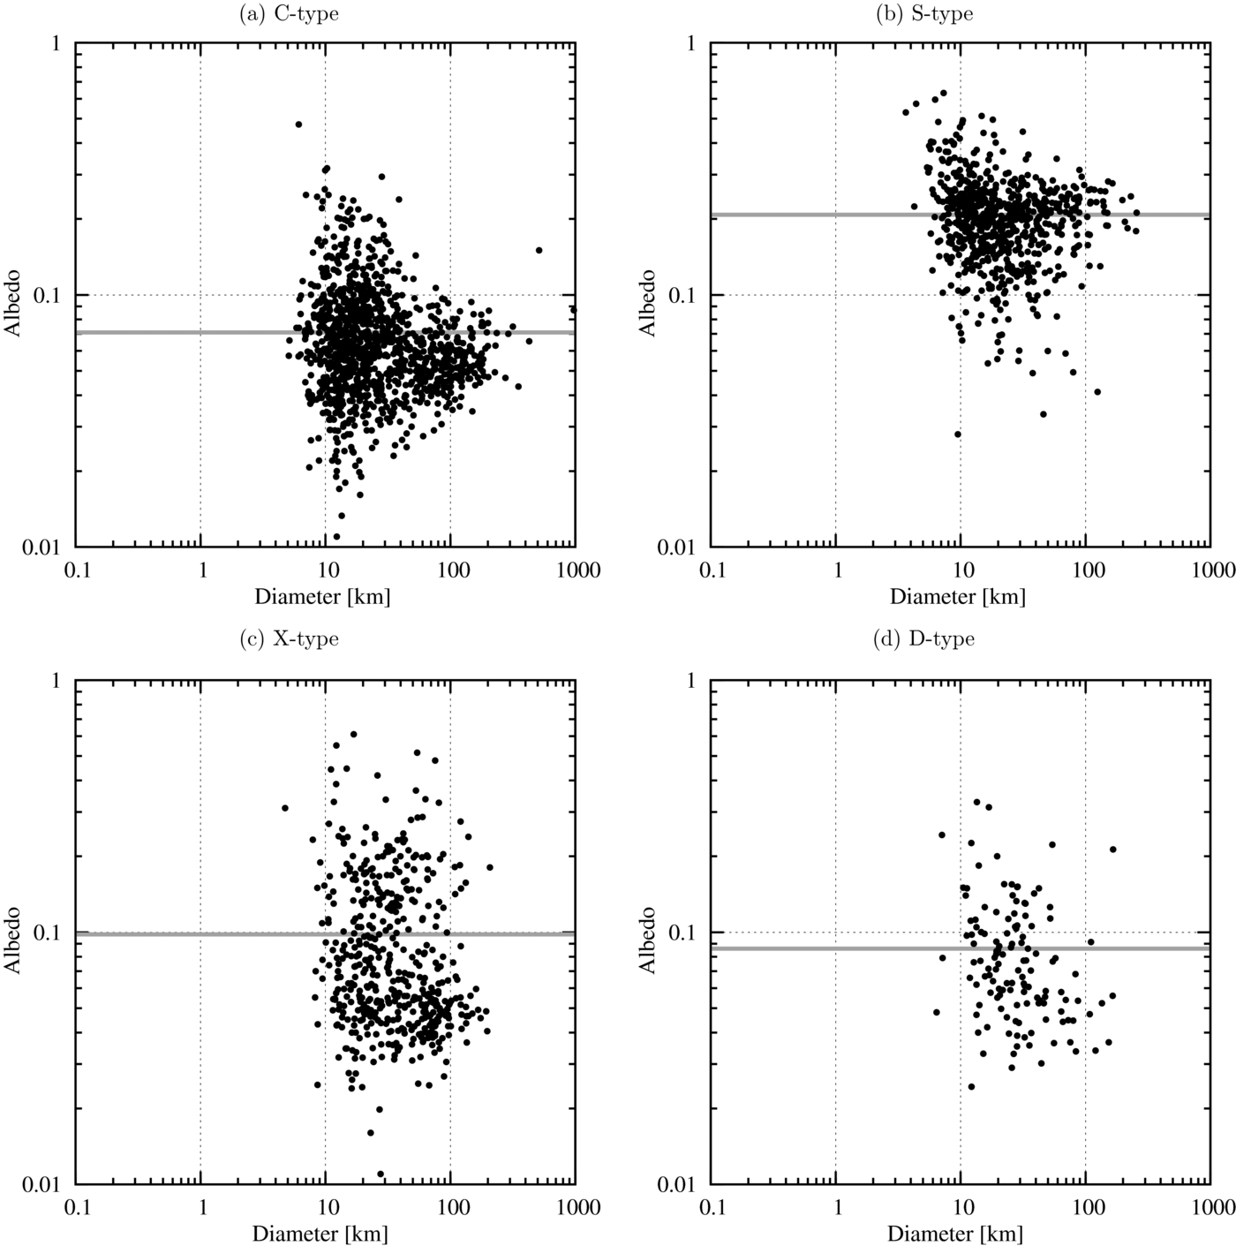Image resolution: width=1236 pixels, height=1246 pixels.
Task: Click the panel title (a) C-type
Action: pos(289,14)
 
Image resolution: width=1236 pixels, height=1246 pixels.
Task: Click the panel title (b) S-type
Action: pos(923,14)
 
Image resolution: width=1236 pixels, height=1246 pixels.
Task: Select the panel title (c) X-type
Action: pos(289,638)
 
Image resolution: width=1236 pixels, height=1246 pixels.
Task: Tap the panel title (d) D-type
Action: pos(923,638)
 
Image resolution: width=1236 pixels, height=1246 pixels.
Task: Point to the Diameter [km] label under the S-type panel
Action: pos(957,596)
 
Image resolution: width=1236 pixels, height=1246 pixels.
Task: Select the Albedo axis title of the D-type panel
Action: pos(649,939)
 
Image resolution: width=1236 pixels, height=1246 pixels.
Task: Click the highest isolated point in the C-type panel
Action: pos(298,125)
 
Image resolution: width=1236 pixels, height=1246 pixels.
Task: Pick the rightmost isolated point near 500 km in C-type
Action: pos(539,250)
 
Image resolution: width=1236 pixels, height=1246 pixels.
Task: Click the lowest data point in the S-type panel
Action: pos(957,434)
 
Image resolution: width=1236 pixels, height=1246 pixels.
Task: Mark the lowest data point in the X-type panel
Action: pos(381,1174)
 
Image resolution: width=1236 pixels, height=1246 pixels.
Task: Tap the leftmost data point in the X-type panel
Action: pos(285,808)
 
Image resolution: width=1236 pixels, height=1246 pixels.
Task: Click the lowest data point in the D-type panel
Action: pos(971,1086)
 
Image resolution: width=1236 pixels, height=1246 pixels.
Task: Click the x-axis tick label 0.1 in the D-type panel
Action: pos(712,1208)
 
